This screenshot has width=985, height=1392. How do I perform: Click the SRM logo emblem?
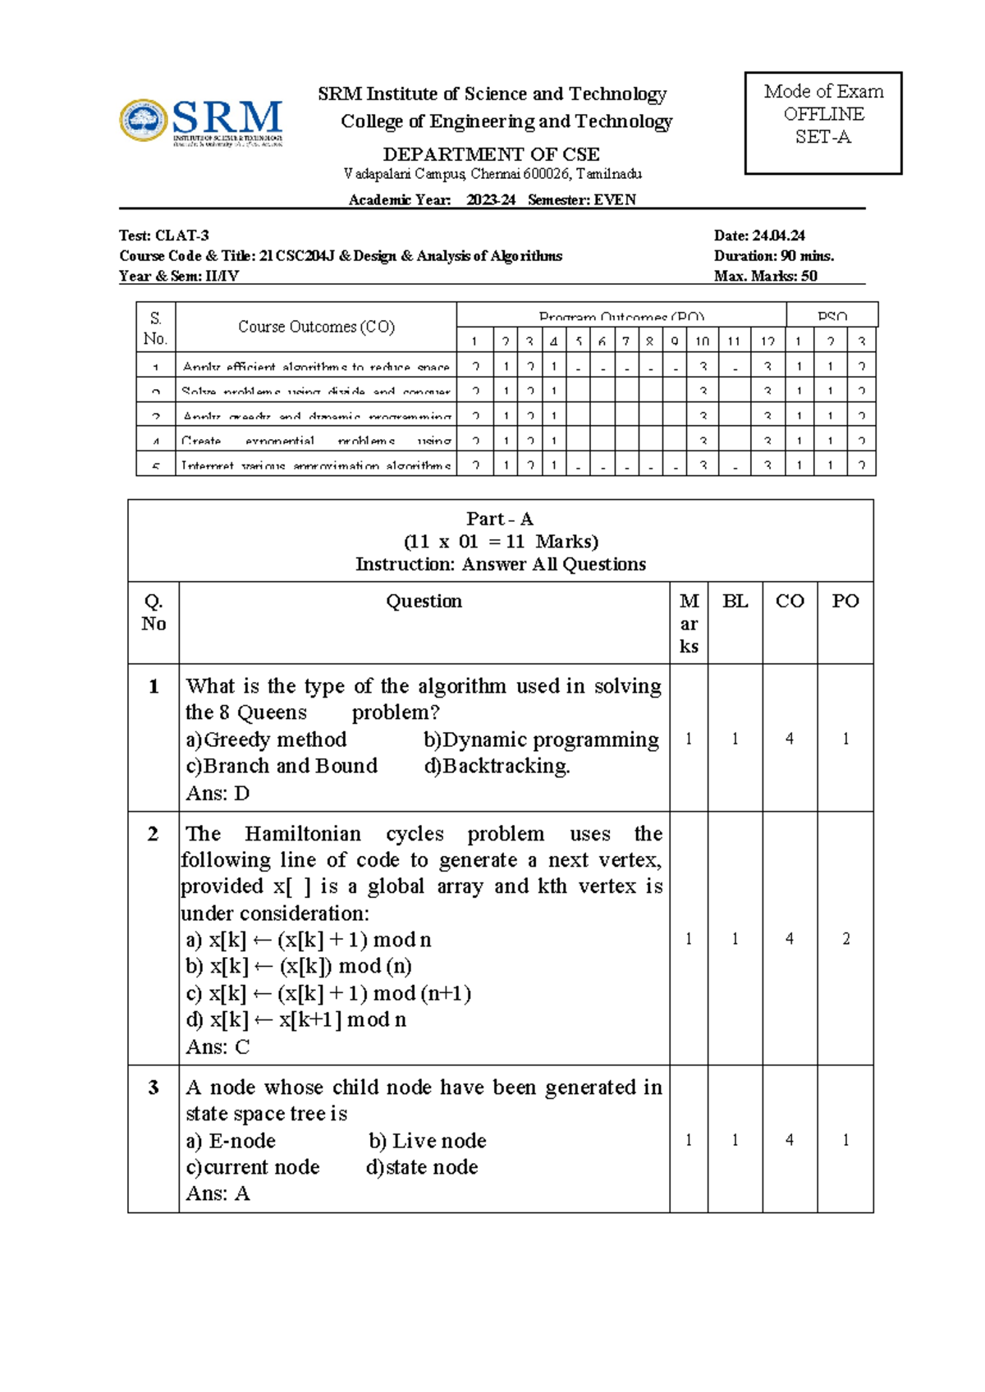(x=144, y=121)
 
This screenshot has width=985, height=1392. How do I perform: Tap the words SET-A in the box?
(x=822, y=137)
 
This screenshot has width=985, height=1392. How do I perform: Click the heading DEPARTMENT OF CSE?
(x=491, y=154)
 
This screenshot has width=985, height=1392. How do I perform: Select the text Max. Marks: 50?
(x=765, y=276)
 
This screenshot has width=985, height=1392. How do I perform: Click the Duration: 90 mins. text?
(x=773, y=255)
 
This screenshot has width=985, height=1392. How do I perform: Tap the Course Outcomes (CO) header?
(x=316, y=327)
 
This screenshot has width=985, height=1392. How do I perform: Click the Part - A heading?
(x=499, y=519)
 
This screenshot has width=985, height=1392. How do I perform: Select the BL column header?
(x=735, y=602)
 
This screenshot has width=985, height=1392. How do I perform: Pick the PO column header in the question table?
(x=845, y=602)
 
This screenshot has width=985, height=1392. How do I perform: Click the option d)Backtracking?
(x=497, y=766)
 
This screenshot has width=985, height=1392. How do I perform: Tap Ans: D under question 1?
(x=218, y=793)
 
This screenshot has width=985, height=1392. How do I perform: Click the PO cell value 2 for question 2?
(x=845, y=939)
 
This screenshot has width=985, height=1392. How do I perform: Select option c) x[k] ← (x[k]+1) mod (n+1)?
(x=328, y=993)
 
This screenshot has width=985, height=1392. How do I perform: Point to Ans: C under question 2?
(x=218, y=1046)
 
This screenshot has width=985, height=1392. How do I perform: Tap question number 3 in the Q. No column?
(x=153, y=1087)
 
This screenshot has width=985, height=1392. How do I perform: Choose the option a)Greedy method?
(x=266, y=739)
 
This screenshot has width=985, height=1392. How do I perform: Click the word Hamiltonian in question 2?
(x=302, y=834)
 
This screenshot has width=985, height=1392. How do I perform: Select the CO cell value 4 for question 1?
(x=789, y=739)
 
